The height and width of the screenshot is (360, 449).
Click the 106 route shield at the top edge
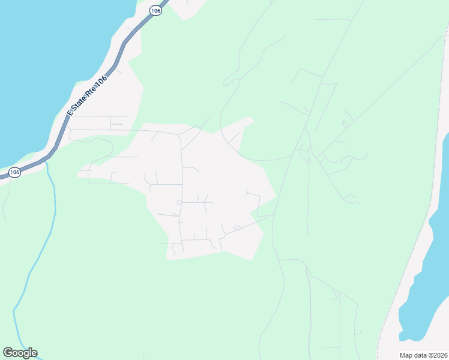click(156, 11)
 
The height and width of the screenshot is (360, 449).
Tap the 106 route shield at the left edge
click(15, 172)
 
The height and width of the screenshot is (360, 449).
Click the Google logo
click(20, 353)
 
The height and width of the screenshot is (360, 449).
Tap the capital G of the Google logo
click(8, 353)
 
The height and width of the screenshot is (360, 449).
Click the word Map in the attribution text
click(406, 355)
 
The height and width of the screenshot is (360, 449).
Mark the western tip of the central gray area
click(79, 175)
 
